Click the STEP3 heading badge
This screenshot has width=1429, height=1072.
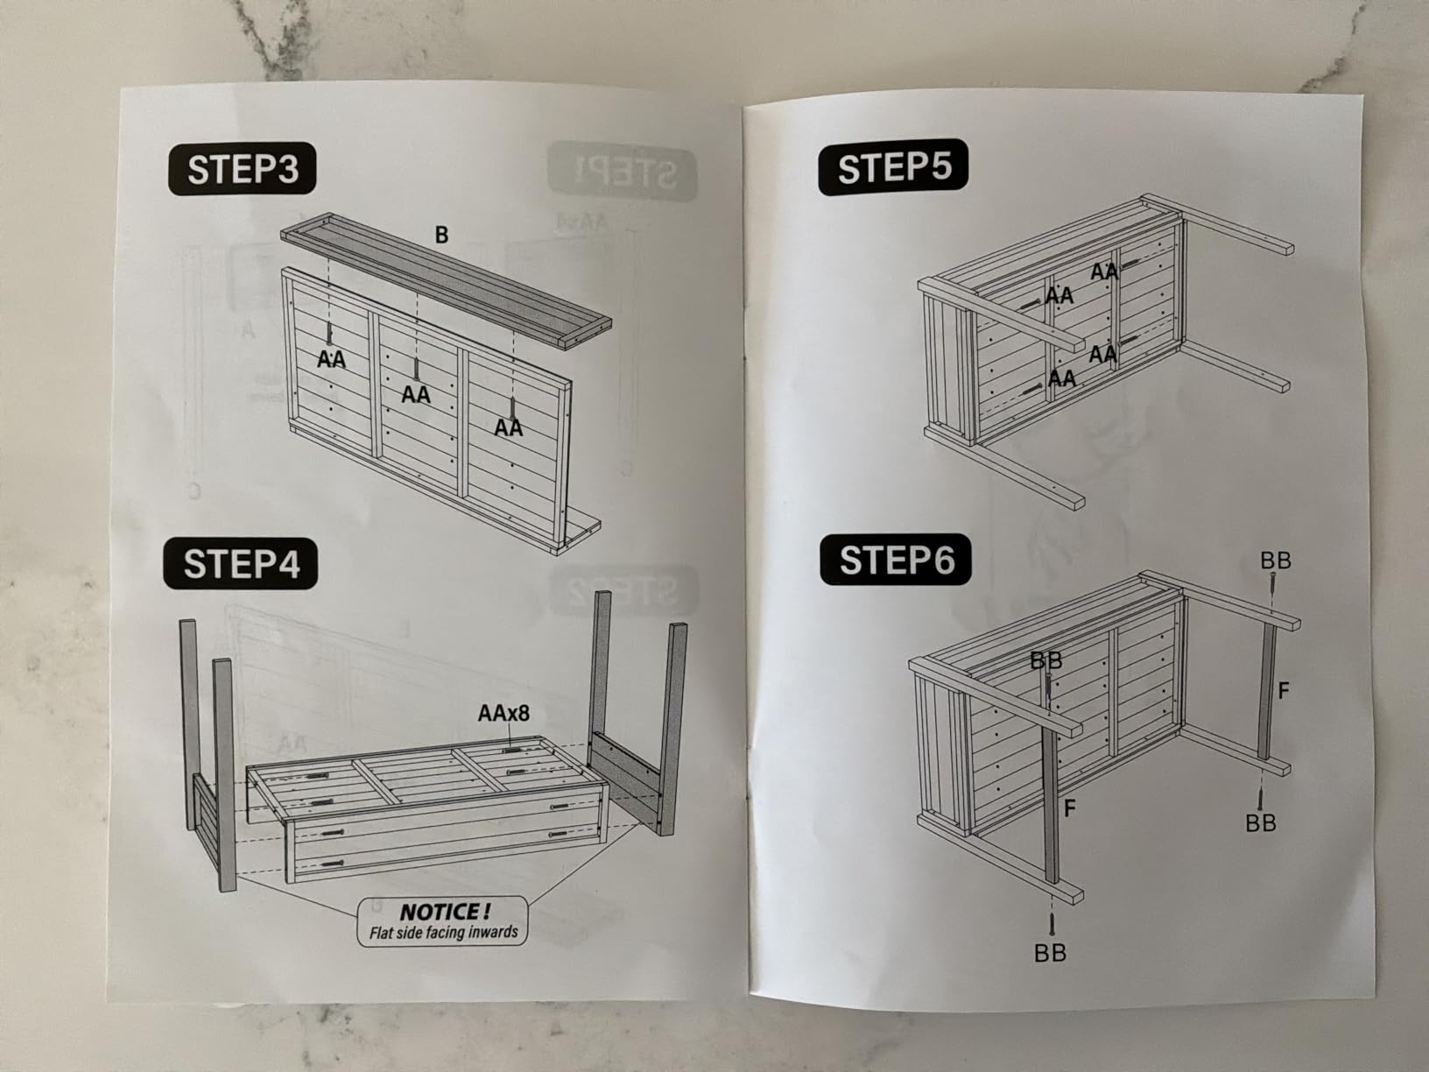click(x=243, y=168)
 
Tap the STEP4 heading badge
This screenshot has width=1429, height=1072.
click(x=241, y=564)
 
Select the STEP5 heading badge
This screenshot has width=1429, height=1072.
click(x=893, y=167)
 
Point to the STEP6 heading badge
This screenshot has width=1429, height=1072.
click(x=896, y=560)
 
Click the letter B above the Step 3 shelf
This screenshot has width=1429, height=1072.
click(x=441, y=235)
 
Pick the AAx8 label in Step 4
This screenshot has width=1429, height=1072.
click(x=503, y=714)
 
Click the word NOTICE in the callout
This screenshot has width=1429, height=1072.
click(x=446, y=912)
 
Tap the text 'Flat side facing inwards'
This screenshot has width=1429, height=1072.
click(x=443, y=933)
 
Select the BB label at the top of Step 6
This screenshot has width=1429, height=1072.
click(x=1276, y=561)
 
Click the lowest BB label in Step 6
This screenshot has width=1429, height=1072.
click(x=1050, y=954)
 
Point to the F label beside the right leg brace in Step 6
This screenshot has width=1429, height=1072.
click(x=1283, y=691)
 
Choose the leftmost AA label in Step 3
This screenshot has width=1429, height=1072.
click(x=331, y=359)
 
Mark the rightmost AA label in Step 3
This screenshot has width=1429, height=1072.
click(x=509, y=427)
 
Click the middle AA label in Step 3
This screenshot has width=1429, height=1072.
click(x=416, y=394)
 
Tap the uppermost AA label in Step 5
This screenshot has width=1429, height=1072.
click(x=1105, y=272)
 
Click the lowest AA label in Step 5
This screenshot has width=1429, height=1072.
click(x=1062, y=378)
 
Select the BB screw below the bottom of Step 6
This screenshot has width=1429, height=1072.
click(x=1051, y=924)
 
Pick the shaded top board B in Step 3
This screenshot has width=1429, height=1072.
click(x=446, y=280)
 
